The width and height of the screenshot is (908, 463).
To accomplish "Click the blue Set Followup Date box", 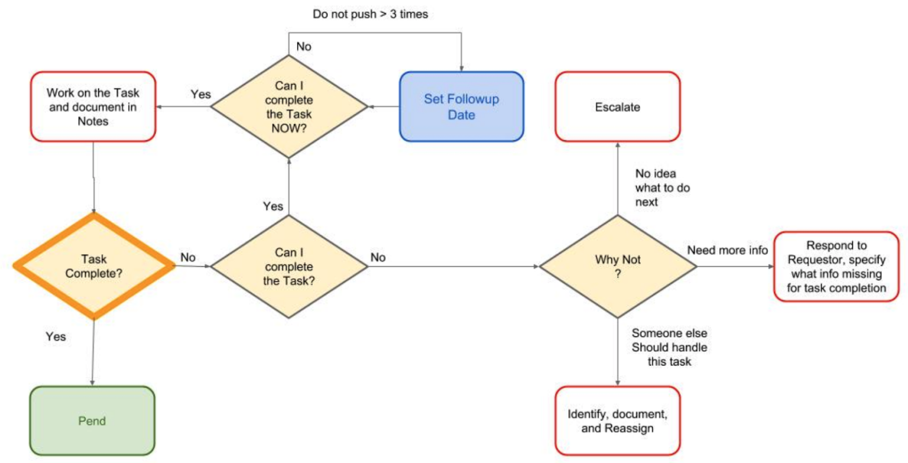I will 461,106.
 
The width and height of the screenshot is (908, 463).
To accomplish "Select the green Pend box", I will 92,420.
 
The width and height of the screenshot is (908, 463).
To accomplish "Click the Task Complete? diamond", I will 93,267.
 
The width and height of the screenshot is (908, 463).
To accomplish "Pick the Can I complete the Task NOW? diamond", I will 288,107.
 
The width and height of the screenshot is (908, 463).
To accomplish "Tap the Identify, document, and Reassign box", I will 617,420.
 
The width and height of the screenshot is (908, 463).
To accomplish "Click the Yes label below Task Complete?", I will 56,336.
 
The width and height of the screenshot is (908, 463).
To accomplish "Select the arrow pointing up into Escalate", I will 617,177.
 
